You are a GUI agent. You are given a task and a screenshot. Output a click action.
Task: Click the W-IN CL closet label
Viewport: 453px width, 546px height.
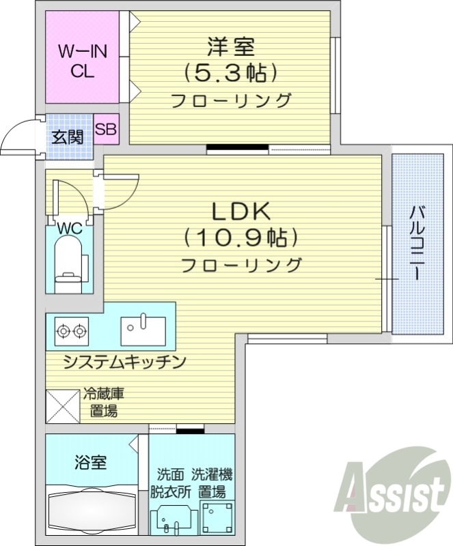coord(77,61)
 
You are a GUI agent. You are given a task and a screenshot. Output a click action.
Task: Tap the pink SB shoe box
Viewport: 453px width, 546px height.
coord(106,128)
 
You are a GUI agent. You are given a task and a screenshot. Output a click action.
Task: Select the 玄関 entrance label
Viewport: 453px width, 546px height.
coord(68,137)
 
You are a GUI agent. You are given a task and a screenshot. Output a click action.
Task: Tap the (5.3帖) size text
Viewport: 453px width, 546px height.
coord(230,72)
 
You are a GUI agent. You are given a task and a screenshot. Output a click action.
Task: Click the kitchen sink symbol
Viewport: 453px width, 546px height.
coord(141,331)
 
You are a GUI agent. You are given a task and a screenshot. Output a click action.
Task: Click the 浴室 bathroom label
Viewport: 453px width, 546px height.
coord(90,462)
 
